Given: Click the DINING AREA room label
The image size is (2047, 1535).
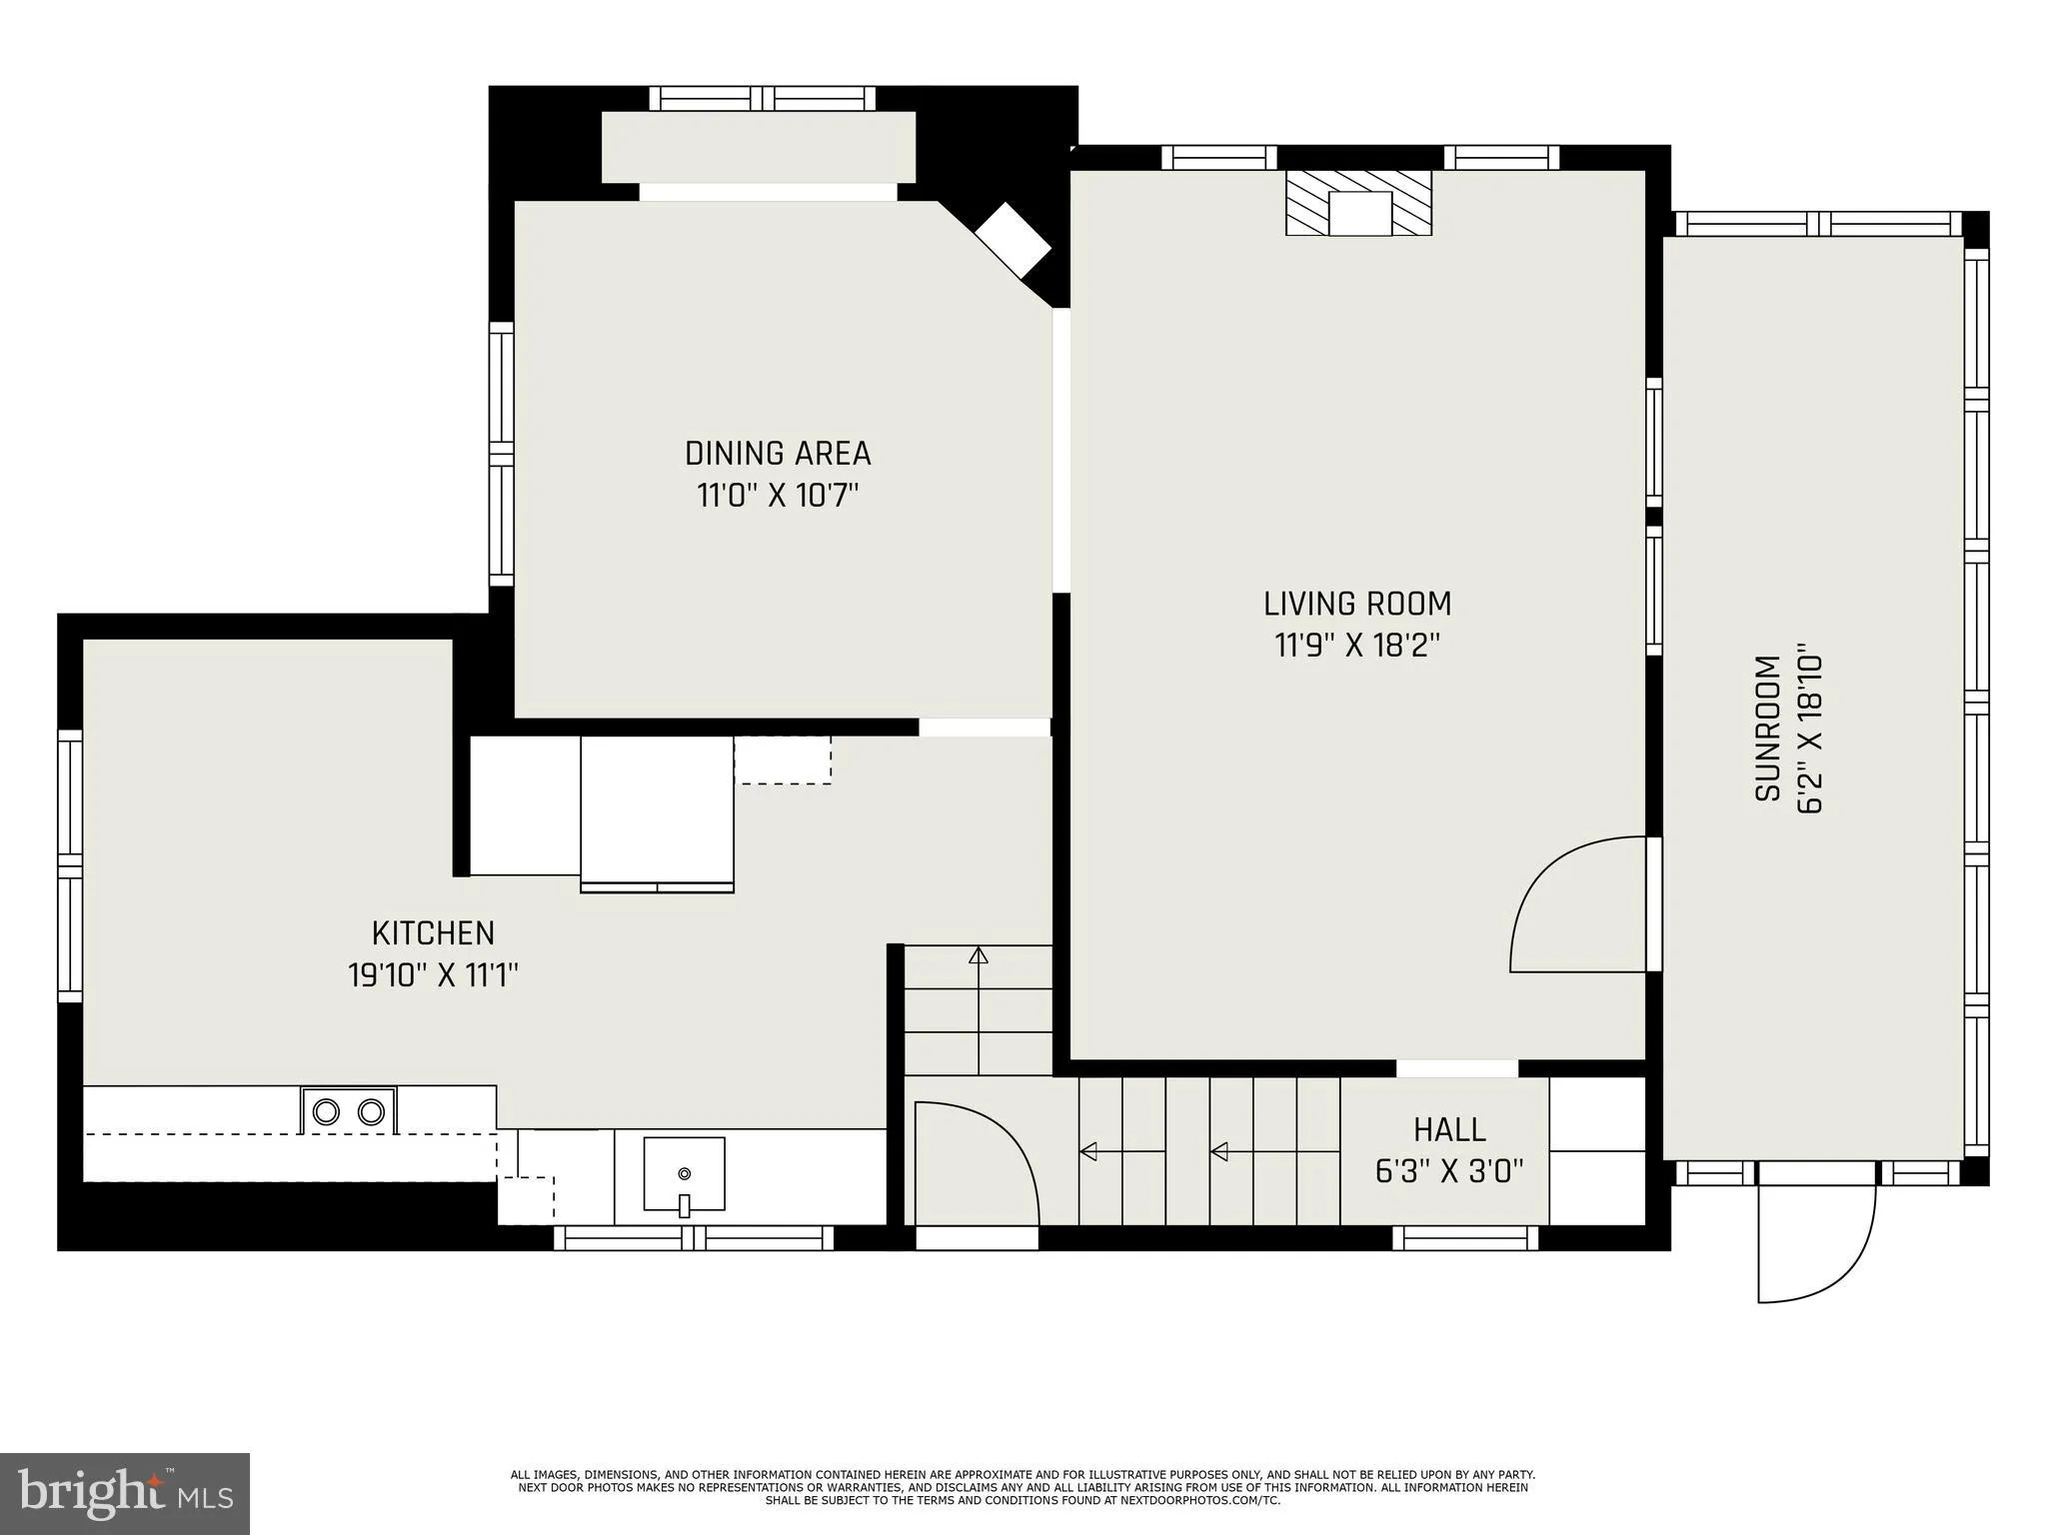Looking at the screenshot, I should pyautogui.click(x=778, y=453).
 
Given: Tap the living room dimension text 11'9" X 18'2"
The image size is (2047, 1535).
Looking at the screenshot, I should pyautogui.click(x=1356, y=646).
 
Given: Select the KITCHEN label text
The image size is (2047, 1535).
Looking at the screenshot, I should pyautogui.click(x=433, y=932).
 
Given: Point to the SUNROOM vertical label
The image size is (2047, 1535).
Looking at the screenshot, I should pyautogui.click(x=1768, y=729).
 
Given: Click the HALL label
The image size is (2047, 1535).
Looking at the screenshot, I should pyautogui.click(x=1449, y=1129).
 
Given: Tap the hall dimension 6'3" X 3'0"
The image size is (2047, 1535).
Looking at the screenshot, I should pyautogui.click(x=1449, y=1170).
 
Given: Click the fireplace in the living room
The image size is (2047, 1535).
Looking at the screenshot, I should pyautogui.click(x=1358, y=203).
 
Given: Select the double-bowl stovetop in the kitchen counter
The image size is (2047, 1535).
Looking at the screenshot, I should pyautogui.click(x=348, y=1110).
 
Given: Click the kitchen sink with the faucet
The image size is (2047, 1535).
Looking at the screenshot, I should pyautogui.click(x=684, y=1174).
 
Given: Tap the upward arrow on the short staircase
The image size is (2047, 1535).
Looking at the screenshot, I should pyautogui.click(x=979, y=956).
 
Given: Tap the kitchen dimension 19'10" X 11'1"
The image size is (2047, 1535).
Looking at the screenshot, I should pyautogui.click(x=433, y=974).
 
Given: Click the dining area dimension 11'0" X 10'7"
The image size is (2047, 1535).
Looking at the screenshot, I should pyautogui.click(x=778, y=495).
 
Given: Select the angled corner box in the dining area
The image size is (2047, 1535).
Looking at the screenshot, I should pyautogui.click(x=1013, y=241).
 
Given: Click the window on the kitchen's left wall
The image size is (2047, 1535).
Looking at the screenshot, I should pyautogui.click(x=69, y=865).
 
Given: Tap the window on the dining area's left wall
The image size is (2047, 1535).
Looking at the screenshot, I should pyautogui.click(x=501, y=453).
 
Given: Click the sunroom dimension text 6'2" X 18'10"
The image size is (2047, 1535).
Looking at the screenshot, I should pyautogui.click(x=1810, y=734).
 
